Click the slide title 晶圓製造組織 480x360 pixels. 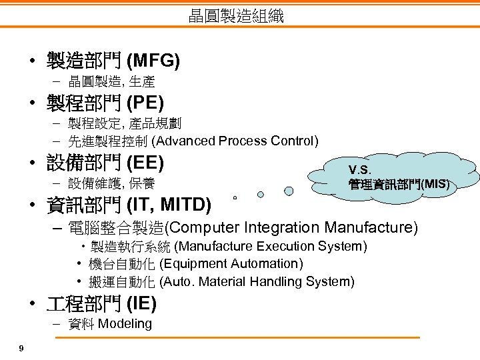[x=236, y=16]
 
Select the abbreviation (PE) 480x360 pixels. [x=145, y=103]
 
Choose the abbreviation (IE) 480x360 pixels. [x=141, y=304]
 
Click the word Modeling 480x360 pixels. [x=125, y=324]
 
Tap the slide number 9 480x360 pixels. [x=22, y=348]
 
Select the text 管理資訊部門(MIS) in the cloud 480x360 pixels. [x=399, y=183]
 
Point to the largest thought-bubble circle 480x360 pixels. [x=289, y=191]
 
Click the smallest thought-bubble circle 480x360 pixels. [x=235, y=198]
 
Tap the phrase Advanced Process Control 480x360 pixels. [x=235, y=141]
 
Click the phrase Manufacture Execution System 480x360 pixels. [x=270, y=247]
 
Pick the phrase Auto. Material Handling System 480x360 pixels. [x=257, y=281]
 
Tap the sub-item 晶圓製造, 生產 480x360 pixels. [x=111, y=82]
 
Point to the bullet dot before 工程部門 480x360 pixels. [x=33, y=305]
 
